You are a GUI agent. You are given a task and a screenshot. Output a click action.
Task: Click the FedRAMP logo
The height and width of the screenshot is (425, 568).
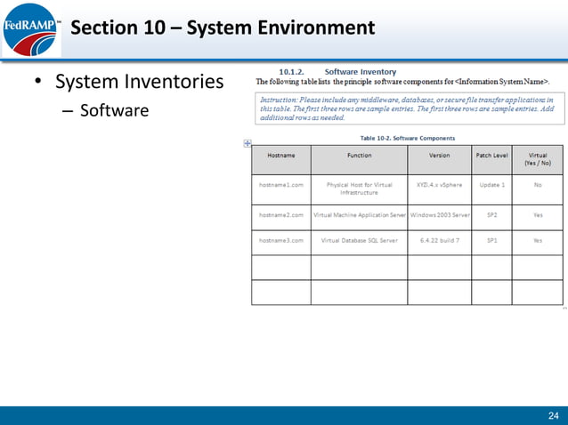(x=28, y=29)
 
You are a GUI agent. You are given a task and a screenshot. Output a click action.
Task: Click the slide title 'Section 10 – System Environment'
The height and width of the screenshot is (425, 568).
(x=222, y=28)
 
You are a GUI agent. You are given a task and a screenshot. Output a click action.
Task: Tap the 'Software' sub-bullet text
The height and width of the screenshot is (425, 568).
(x=114, y=112)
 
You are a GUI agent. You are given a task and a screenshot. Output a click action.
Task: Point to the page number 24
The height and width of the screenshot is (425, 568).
(x=552, y=415)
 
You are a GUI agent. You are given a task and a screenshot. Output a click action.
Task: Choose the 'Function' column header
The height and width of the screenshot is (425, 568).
(x=359, y=156)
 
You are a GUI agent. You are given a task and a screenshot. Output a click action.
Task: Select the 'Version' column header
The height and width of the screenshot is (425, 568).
(x=439, y=156)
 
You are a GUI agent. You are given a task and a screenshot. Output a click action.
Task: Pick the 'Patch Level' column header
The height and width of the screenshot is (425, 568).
(x=491, y=156)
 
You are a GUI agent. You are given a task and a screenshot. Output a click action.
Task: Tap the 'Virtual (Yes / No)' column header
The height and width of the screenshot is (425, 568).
(x=538, y=159)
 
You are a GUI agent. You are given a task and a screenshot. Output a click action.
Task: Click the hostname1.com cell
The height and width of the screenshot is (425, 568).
(x=281, y=185)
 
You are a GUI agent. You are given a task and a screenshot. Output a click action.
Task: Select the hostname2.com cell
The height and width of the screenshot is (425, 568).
(x=281, y=214)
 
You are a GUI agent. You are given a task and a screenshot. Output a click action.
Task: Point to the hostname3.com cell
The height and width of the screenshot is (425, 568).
(x=281, y=240)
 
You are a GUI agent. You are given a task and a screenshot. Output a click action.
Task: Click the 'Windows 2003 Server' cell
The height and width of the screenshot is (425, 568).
(x=439, y=214)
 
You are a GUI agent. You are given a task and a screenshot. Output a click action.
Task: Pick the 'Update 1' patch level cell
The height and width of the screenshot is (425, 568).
(x=491, y=185)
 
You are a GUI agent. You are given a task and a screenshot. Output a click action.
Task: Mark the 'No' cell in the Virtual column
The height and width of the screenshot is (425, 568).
(x=538, y=185)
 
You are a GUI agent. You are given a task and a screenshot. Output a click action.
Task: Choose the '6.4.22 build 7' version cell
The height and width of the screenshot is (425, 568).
(x=439, y=240)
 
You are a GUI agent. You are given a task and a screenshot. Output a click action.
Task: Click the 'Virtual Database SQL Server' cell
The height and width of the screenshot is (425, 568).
(x=359, y=240)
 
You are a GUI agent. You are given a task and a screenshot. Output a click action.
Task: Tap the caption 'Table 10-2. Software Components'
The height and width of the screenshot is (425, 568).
(x=407, y=138)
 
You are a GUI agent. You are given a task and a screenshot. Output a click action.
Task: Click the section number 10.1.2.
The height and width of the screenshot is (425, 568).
(x=293, y=71)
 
